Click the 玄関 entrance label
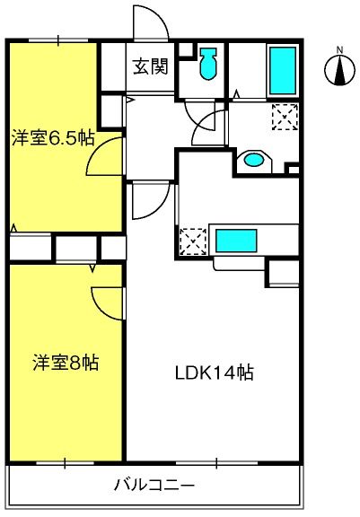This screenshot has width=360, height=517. point(151,66)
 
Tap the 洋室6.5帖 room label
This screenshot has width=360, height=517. point(53,138)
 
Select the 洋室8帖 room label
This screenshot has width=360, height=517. point(66,363)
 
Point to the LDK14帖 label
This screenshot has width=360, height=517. point(214,372)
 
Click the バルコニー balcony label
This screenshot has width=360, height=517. point(154,485)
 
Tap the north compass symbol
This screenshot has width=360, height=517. point(340,70)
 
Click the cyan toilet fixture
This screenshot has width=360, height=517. point(208,64)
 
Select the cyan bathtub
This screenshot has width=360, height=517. point(283,71)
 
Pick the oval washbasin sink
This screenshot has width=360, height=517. point(254,161)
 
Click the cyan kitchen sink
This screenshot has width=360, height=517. point(236,241)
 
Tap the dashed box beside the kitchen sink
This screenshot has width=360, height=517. point(193,241)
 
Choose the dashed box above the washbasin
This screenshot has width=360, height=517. point(285,117)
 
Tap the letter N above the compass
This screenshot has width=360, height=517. point(340,50)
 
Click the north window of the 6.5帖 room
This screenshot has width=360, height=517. point(58,40)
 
